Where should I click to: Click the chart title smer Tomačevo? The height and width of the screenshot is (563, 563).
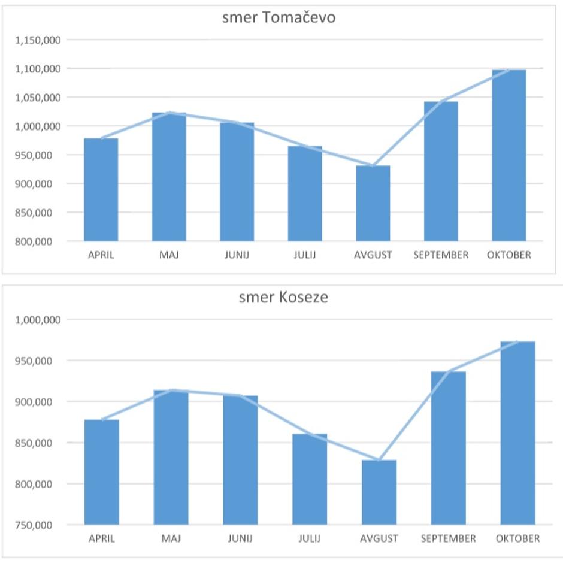[279, 17]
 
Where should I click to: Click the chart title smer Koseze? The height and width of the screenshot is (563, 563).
[283, 297]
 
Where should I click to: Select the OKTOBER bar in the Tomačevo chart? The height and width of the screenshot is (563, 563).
[509, 156]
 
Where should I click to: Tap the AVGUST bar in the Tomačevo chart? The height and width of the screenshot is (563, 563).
[373, 204]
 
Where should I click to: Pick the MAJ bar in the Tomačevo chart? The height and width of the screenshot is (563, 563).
[169, 177]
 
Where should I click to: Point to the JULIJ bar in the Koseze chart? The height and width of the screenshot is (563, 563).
[310, 479]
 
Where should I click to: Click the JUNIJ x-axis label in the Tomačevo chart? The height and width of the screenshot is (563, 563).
[237, 255]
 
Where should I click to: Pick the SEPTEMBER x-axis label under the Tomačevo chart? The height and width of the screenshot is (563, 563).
[441, 255]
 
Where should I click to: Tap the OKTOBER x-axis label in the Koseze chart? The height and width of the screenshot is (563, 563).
[517, 538]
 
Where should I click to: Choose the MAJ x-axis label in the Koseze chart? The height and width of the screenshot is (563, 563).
[171, 538]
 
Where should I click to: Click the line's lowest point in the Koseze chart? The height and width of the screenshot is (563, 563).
[379, 461]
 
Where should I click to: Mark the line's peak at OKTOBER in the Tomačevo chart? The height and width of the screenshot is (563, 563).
[509, 70]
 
